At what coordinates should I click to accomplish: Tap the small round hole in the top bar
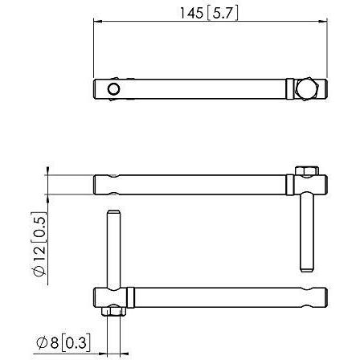point(112,88)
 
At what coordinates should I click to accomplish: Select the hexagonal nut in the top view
point(306,88)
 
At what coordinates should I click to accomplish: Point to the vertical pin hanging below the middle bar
point(306,233)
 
